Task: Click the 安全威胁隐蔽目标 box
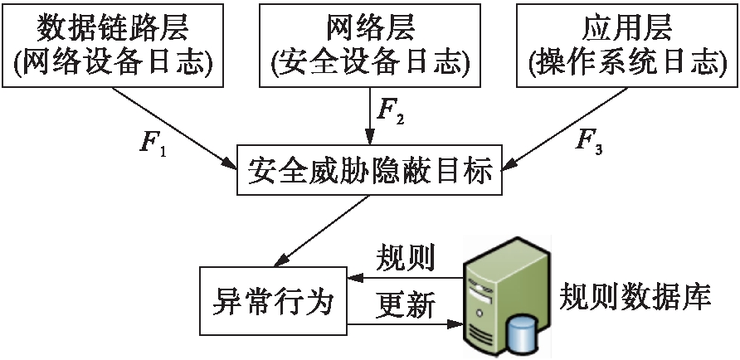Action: click(x=371, y=173)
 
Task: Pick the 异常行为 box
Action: click(x=273, y=301)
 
